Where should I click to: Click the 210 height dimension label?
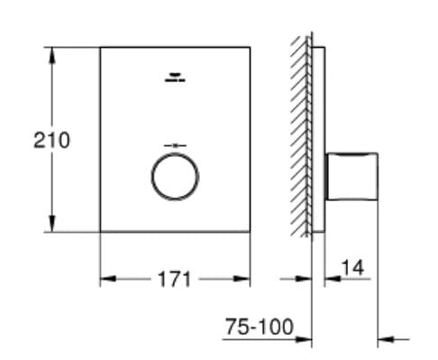(51, 140)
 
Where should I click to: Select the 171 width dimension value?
(174, 279)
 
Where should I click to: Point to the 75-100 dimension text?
(259, 328)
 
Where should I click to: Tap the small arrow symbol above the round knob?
(174, 143)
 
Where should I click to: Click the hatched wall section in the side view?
(300, 135)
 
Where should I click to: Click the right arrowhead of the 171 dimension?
(244, 279)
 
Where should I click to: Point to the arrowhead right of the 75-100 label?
(384, 338)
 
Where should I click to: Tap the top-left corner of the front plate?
(99, 47)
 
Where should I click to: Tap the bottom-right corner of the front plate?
(251, 231)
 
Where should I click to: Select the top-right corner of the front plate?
(251, 47)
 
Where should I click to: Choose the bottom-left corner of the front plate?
(99, 231)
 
